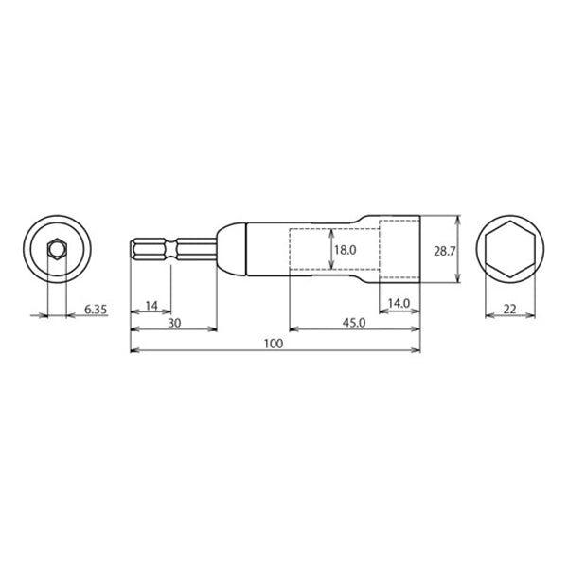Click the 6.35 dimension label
pyautogui.click(x=96, y=310)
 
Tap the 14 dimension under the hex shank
pyautogui.click(x=151, y=306)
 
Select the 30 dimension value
pyautogui.click(x=174, y=323)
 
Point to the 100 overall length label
pyautogui.click(x=274, y=344)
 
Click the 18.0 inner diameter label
pyautogui.click(x=346, y=250)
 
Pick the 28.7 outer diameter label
pyautogui.click(x=444, y=251)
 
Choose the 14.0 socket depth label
pyautogui.click(x=399, y=303)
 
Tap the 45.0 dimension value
pyautogui.click(x=354, y=323)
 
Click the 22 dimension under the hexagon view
pyautogui.click(x=509, y=310)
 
